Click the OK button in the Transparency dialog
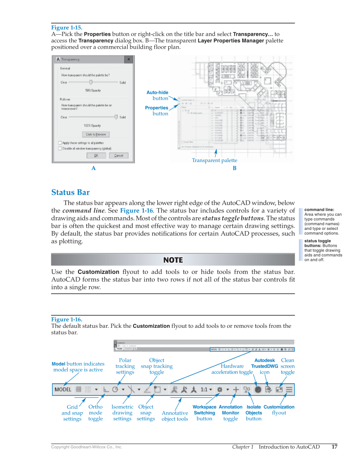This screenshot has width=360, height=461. (96, 156)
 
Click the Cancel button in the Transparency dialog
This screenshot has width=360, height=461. (119, 156)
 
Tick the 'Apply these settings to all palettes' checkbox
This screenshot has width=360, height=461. (60, 143)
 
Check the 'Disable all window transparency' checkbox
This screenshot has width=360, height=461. (60, 148)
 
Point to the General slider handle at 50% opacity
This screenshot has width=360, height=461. (90, 82)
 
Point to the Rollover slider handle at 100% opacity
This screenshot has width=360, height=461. (116, 117)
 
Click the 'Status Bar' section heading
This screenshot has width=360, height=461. (70, 193)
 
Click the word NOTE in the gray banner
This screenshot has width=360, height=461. (173, 260)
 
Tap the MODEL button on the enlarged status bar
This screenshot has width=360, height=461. (63, 389)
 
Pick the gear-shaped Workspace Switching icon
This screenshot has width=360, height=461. (220, 389)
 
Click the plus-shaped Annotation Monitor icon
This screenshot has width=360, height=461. (236, 389)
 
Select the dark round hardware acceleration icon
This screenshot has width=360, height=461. (257, 389)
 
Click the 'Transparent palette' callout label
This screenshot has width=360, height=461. (215, 160)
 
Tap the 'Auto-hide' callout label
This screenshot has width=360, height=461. (157, 92)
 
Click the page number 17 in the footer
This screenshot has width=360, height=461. (335, 447)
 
